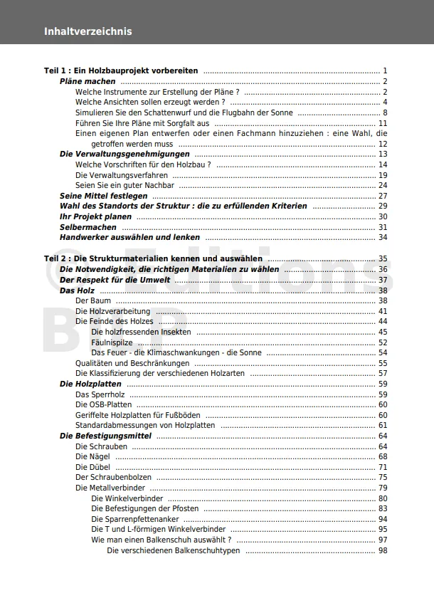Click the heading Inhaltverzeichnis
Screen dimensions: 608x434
point(88,31)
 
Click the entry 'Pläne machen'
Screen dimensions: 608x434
point(87,82)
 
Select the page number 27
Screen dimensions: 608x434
point(383,196)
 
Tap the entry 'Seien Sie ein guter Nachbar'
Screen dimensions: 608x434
point(125,185)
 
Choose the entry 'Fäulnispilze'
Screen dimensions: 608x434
point(112,342)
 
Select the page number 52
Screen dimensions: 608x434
point(383,342)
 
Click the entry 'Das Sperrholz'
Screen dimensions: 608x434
point(100,394)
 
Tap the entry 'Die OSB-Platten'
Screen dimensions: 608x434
point(103,405)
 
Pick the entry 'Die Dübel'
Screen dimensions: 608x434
point(92,467)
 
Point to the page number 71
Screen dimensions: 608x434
point(383,467)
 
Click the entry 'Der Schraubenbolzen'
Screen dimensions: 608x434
point(113,478)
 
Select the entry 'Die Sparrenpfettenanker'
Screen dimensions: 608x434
point(134,519)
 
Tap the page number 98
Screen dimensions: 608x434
point(383,550)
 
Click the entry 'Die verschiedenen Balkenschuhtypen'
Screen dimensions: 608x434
point(174,550)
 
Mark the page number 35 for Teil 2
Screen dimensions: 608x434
point(383,259)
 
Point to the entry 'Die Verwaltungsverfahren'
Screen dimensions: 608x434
point(122,175)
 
